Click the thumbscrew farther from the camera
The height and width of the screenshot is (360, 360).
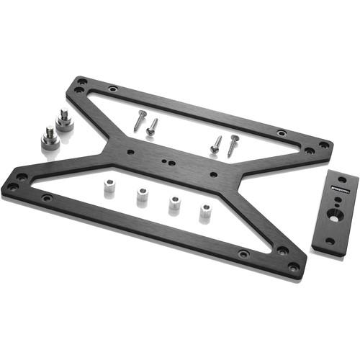(63, 117)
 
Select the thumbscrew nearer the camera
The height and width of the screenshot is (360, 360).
(50, 138)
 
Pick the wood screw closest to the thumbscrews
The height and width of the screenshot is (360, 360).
(139, 120)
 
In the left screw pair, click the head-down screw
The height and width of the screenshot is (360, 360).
(152, 127)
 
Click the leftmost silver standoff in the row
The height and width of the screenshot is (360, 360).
(109, 189)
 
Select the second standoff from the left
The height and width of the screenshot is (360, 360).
(140, 196)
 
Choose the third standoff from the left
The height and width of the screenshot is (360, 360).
(174, 203)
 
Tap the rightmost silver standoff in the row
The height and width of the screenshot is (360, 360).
(205, 212)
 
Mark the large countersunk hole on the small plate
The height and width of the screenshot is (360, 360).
(335, 215)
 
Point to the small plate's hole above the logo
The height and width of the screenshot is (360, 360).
(341, 179)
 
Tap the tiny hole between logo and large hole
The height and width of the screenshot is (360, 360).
(337, 204)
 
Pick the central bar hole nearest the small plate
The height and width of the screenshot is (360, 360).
(212, 174)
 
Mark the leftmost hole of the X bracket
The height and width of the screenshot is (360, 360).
(12, 186)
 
